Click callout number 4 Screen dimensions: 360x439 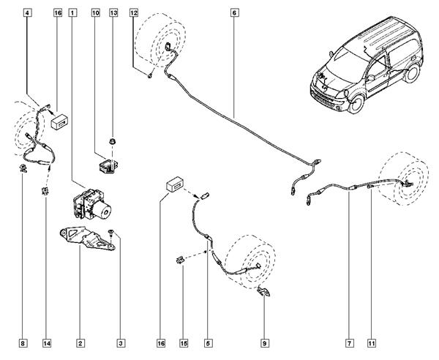[x=27, y=13]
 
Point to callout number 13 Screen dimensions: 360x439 [x=113, y=13]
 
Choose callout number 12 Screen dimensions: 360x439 [x=133, y=13]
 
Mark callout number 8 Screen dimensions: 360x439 [x=24, y=342]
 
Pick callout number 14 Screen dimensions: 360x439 [x=47, y=342]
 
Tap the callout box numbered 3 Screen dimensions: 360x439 [x=121, y=342]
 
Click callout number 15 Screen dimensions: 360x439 [x=184, y=342]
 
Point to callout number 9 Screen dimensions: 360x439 [x=264, y=342]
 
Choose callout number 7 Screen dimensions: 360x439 [x=350, y=342]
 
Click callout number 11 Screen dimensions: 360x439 [x=372, y=342]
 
